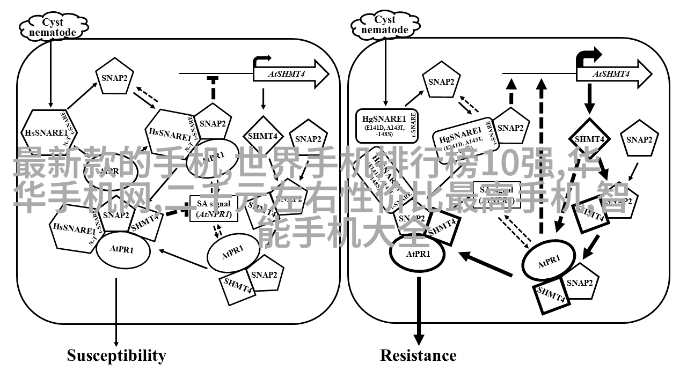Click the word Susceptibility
[x=116, y=355]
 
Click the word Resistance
[x=418, y=355]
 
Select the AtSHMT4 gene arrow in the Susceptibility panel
[x=290, y=73]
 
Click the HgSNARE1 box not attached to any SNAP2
[x=385, y=125]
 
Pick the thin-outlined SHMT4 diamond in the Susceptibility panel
[x=262, y=136]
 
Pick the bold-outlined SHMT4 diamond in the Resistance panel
[x=589, y=139]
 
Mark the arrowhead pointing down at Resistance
[x=418, y=339]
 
